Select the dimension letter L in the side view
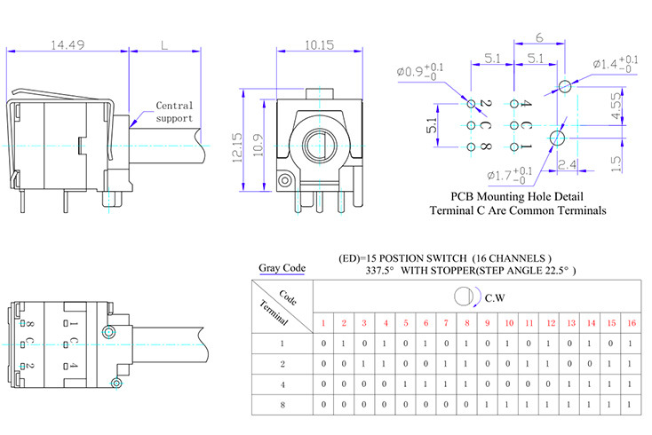pos(164,44)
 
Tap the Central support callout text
pos(174,112)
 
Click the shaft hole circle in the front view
pos(317,144)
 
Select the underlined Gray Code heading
pos(282,267)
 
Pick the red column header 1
pos(323,321)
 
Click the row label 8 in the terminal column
pos(282,404)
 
